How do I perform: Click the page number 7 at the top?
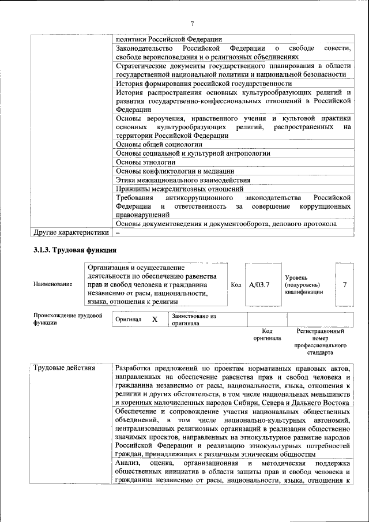(x=193, y=22)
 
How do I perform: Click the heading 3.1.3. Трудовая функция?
(x=74, y=250)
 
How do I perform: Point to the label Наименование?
(x=53, y=284)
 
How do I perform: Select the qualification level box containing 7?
(x=345, y=284)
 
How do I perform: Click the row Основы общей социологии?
(x=159, y=144)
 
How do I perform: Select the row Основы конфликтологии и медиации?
(x=175, y=171)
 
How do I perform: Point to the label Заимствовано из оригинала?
(x=193, y=320)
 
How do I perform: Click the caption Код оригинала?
(x=267, y=335)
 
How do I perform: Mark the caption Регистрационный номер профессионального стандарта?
(x=320, y=341)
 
